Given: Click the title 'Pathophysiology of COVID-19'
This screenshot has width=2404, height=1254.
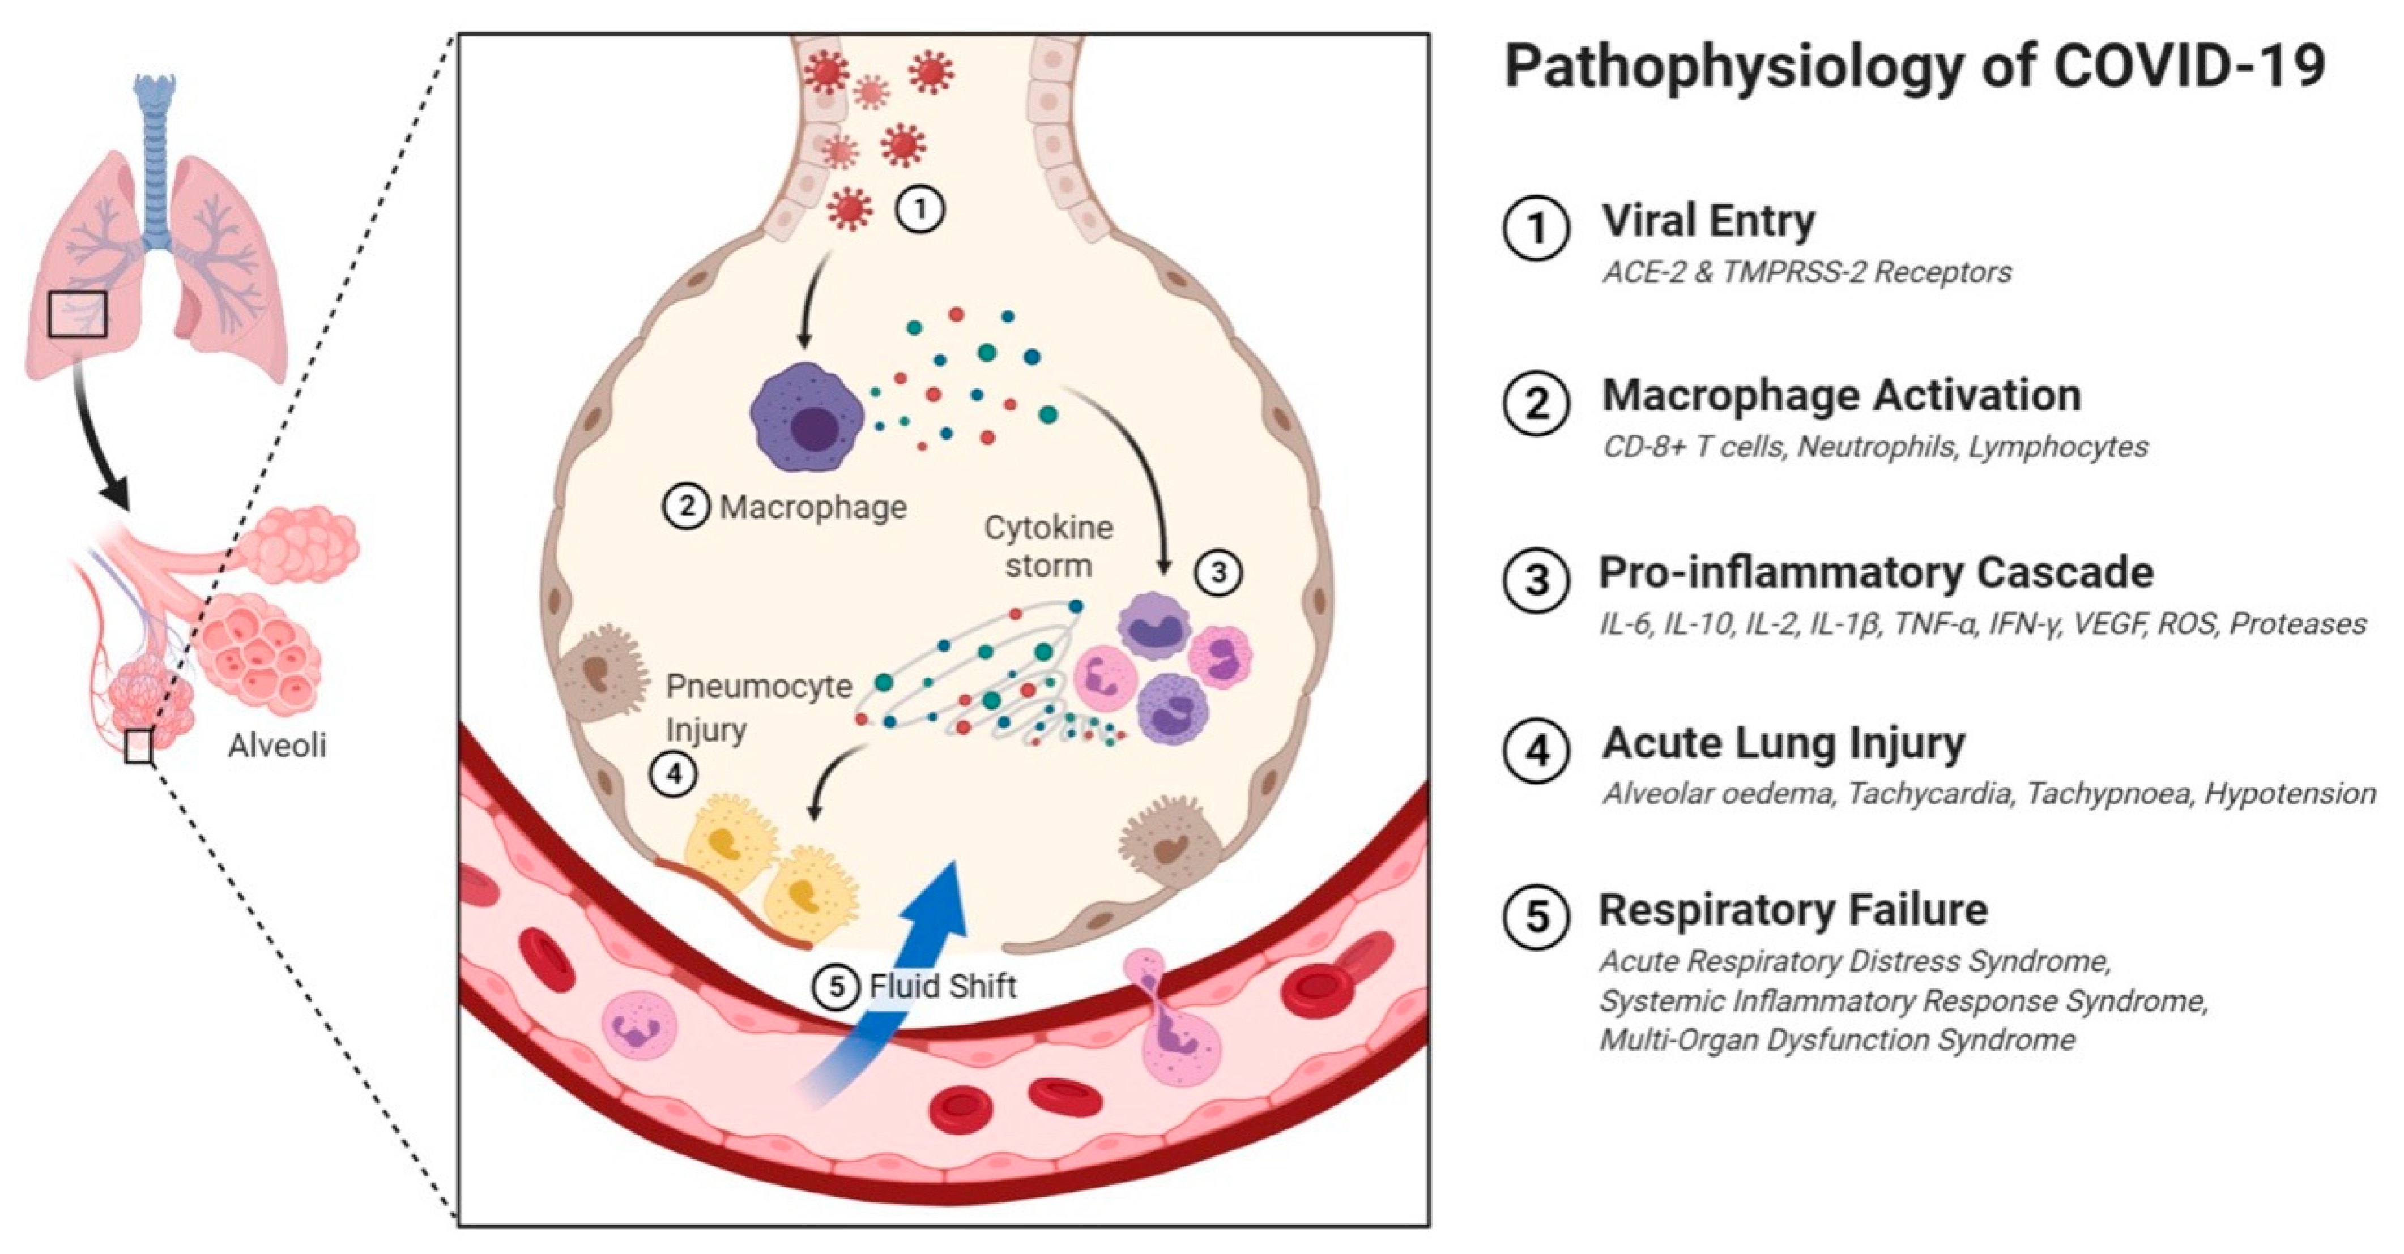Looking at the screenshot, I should pyautogui.click(x=1913, y=67).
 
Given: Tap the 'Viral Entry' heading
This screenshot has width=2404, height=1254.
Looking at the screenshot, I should pyautogui.click(x=1708, y=221).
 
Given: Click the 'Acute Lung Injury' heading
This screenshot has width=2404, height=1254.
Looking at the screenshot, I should pyautogui.click(x=1783, y=744).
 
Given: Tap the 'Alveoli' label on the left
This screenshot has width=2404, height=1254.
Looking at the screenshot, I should pyautogui.click(x=277, y=746).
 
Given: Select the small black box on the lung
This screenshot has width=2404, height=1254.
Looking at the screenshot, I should pyautogui.click(x=78, y=314).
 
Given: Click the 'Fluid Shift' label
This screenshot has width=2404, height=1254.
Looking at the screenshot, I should pyautogui.click(x=943, y=986).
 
